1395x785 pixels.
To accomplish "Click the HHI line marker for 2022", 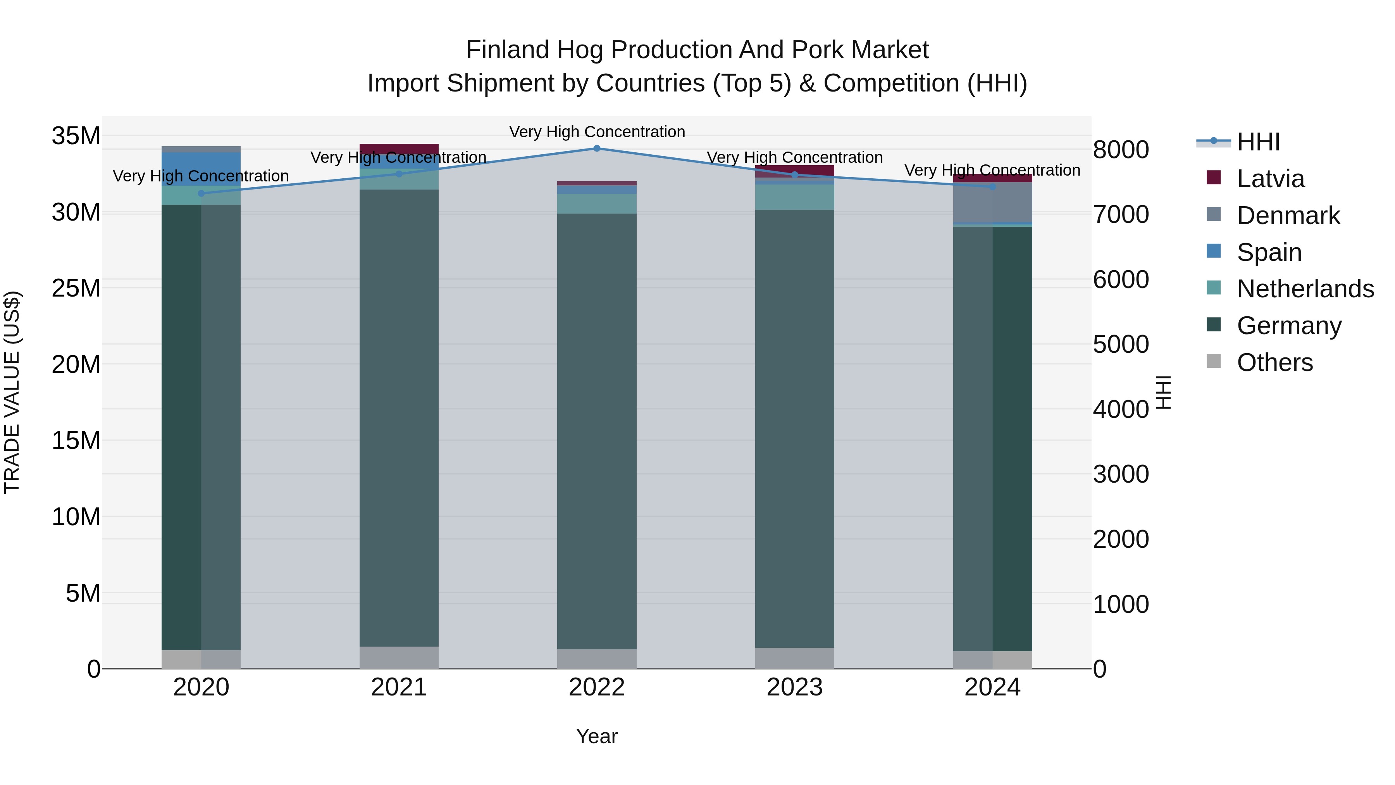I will tap(597, 148).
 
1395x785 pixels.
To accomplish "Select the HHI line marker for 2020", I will tap(201, 193).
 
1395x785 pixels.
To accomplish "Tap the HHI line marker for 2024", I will tap(993, 187).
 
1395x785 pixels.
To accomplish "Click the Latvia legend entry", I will tap(1270, 179).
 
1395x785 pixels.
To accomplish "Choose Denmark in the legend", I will tap(1288, 216).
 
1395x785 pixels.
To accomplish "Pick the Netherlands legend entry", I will tap(1305, 289).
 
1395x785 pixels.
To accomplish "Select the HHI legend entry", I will tap(1258, 142).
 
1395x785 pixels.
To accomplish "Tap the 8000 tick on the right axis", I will tap(1120, 150).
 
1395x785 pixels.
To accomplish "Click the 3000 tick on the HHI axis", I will tap(1120, 474).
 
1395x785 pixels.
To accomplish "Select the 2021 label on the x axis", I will tap(399, 687).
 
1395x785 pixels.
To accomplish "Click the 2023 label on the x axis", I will tap(794, 687).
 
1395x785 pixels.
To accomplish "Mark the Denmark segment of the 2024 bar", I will tap(993, 202).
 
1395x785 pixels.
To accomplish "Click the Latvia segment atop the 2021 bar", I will tap(399, 148).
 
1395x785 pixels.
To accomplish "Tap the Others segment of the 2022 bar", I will tap(597, 659).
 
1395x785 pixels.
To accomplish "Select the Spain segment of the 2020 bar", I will tap(201, 169).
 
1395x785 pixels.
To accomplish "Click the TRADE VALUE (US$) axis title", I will tap(12, 392).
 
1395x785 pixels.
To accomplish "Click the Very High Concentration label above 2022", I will tap(597, 132).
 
